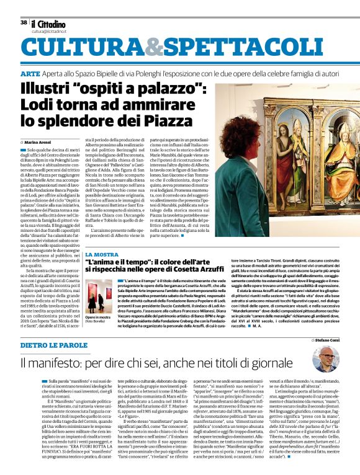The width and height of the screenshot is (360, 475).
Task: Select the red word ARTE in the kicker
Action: coord(31,74)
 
